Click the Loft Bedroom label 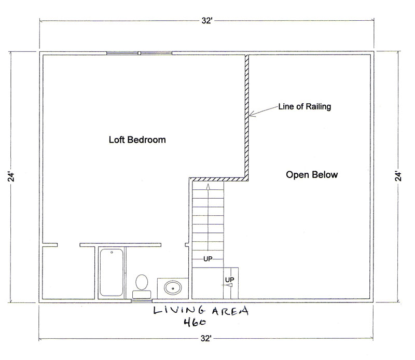tap(137, 140)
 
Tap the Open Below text tap(312, 175)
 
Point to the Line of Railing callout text tap(305, 106)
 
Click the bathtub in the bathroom tap(112, 272)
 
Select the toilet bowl tap(142, 282)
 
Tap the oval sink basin tap(173, 288)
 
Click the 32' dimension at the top tap(207, 21)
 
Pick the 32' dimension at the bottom tap(206, 338)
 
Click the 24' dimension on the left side tap(11, 177)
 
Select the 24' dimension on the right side tap(398, 176)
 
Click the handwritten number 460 tap(195, 322)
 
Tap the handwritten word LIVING tap(179, 310)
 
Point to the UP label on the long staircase tap(208, 259)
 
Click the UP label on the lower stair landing tap(229, 280)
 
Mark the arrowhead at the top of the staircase tap(208, 187)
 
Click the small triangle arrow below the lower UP tap(229, 285)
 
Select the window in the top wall tap(139, 53)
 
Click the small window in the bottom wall tap(142, 300)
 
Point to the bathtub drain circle tap(112, 252)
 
